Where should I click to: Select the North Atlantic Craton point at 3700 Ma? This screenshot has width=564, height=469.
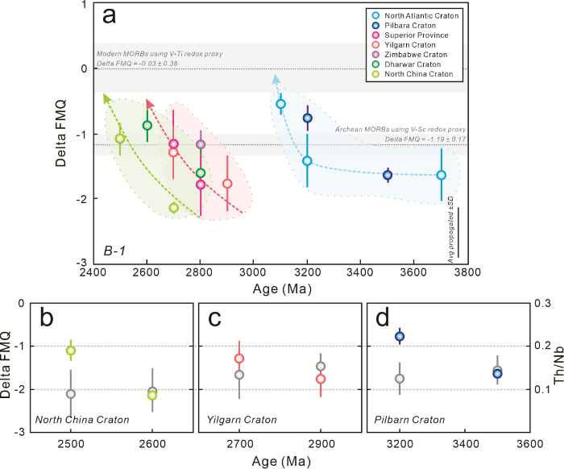(441, 175)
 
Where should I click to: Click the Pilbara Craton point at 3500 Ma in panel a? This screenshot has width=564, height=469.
(388, 175)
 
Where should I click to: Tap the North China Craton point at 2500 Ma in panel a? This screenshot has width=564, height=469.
(120, 139)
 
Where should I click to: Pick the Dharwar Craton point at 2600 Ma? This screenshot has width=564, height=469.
(147, 125)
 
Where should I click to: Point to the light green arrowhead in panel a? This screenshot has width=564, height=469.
(106, 98)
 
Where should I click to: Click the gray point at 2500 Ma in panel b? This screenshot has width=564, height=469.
(71, 394)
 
